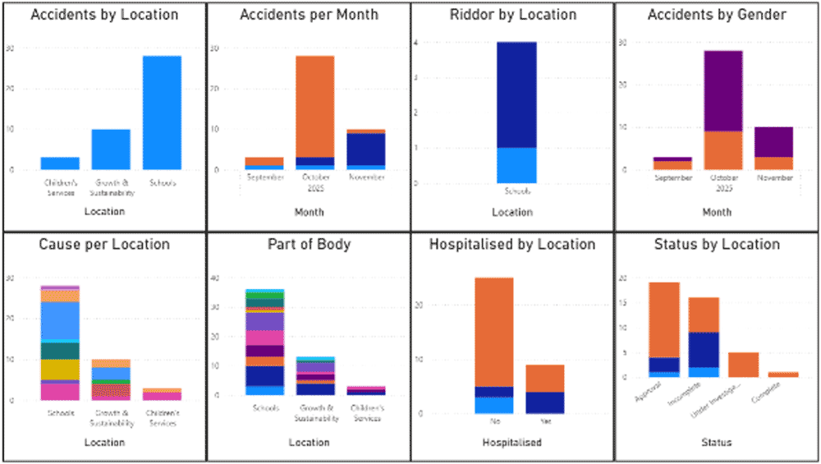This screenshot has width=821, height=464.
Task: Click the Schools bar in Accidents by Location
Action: (x=162, y=113)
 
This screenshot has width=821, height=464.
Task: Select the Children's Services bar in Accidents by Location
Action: (x=60, y=163)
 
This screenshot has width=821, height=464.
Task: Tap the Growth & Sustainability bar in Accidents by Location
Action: (x=111, y=149)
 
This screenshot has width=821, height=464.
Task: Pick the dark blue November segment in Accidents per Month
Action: (x=366, y=149)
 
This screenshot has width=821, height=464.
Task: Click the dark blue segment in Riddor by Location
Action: (x=516, y=94)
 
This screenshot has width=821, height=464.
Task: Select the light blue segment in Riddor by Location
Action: (x=516, y=165)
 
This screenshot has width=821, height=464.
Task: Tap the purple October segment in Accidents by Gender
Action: (x=722, y=90)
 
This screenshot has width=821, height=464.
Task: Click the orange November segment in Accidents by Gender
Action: (x=773, y=163)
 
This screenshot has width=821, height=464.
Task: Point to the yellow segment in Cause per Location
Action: (x=60, y=370)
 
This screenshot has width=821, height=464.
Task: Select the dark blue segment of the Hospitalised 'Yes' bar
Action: (x=544, y=402)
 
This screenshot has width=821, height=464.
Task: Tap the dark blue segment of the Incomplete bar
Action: (x=704, y=349)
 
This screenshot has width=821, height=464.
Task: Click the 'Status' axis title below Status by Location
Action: (x=716, y=443)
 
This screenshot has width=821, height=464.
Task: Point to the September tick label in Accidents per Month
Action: (x=265, y=177)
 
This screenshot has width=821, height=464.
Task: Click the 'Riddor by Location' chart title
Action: (x=513, y=15)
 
